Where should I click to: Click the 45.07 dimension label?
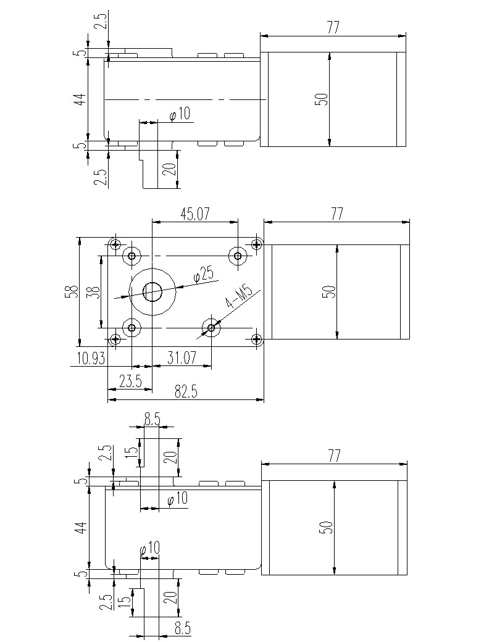[195, 214]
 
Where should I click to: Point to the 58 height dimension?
[73, 291]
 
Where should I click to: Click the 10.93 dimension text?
[91, 358]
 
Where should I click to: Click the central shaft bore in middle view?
[152, 291]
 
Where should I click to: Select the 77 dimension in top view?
[334, 27]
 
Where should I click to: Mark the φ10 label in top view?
[179, 114]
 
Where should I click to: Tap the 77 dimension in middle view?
[336, 214]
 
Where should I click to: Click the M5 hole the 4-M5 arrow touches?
[211, 327]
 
